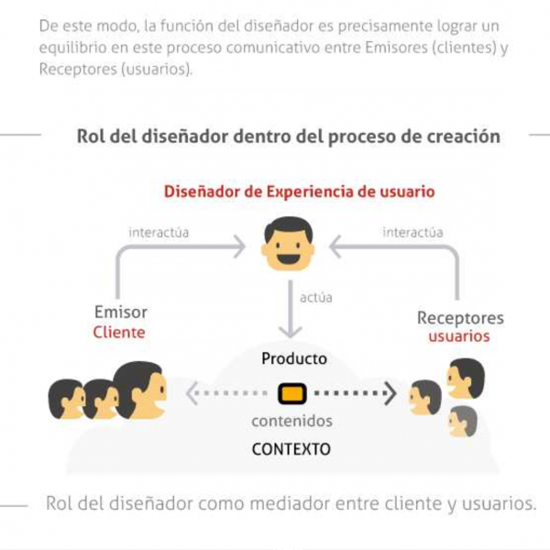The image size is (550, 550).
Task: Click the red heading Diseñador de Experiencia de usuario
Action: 299,192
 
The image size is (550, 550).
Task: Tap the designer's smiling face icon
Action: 288,244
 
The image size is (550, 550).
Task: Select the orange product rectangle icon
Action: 291,393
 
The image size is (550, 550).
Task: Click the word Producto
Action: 294,358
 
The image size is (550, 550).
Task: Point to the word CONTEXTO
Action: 291,449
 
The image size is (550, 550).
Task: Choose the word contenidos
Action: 291,421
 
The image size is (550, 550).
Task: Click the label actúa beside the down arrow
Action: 316,297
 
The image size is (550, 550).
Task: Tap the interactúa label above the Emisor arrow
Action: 159,232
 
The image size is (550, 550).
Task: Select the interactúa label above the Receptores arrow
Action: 412,232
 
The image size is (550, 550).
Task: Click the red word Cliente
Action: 119,332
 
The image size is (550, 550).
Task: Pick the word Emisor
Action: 121,312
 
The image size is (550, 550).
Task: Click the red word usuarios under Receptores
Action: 459,336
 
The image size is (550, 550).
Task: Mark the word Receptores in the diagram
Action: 460,318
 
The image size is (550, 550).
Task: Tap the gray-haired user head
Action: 463,422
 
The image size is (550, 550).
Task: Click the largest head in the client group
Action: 140,390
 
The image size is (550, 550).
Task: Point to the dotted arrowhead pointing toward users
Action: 390,393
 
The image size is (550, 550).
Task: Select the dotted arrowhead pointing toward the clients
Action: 192,393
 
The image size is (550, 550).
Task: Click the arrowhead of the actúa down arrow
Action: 290,332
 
